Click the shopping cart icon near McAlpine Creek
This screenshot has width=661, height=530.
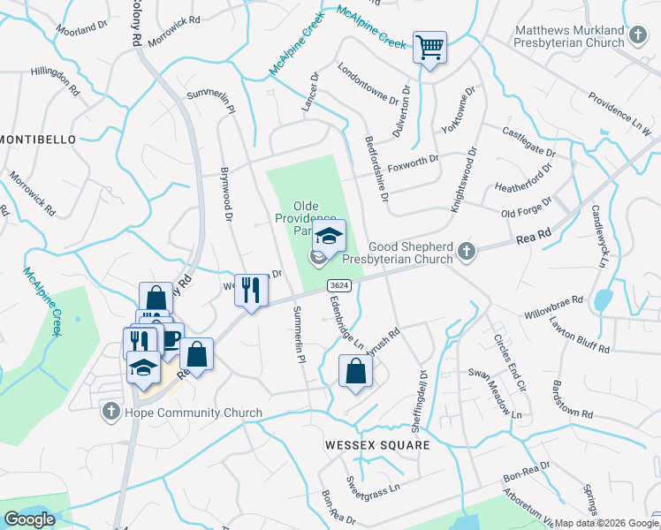click(x=429, y=47)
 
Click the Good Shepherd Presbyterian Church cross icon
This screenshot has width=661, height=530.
click(x=468, y=254)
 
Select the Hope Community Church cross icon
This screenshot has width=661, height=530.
click(x=110, y=412)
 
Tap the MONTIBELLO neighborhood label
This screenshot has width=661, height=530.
click(x=39, y=140)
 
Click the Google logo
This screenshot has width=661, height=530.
click(x=30, y=519)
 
